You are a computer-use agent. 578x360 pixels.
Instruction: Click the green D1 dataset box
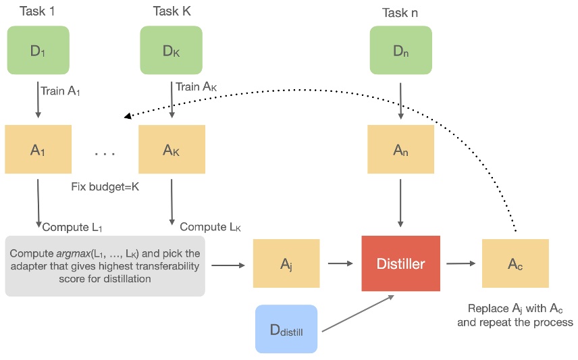[38, 51]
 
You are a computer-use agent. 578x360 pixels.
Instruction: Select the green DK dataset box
[171, 51]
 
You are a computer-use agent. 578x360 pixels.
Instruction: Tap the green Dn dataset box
[400, 51]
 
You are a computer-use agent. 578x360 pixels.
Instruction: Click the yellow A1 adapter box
[38, 150]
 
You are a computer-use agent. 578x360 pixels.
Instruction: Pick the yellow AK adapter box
[172, 150]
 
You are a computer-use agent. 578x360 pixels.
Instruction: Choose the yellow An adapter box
[400, 150]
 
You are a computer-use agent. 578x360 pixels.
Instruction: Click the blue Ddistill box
[286, 329]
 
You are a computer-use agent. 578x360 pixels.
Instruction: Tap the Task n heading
[401, 12]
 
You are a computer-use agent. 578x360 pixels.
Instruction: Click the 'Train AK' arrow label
[197, 86]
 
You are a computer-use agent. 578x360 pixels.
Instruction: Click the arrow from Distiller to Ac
[461, 264]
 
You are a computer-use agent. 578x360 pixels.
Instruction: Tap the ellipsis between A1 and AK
[105, 154]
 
